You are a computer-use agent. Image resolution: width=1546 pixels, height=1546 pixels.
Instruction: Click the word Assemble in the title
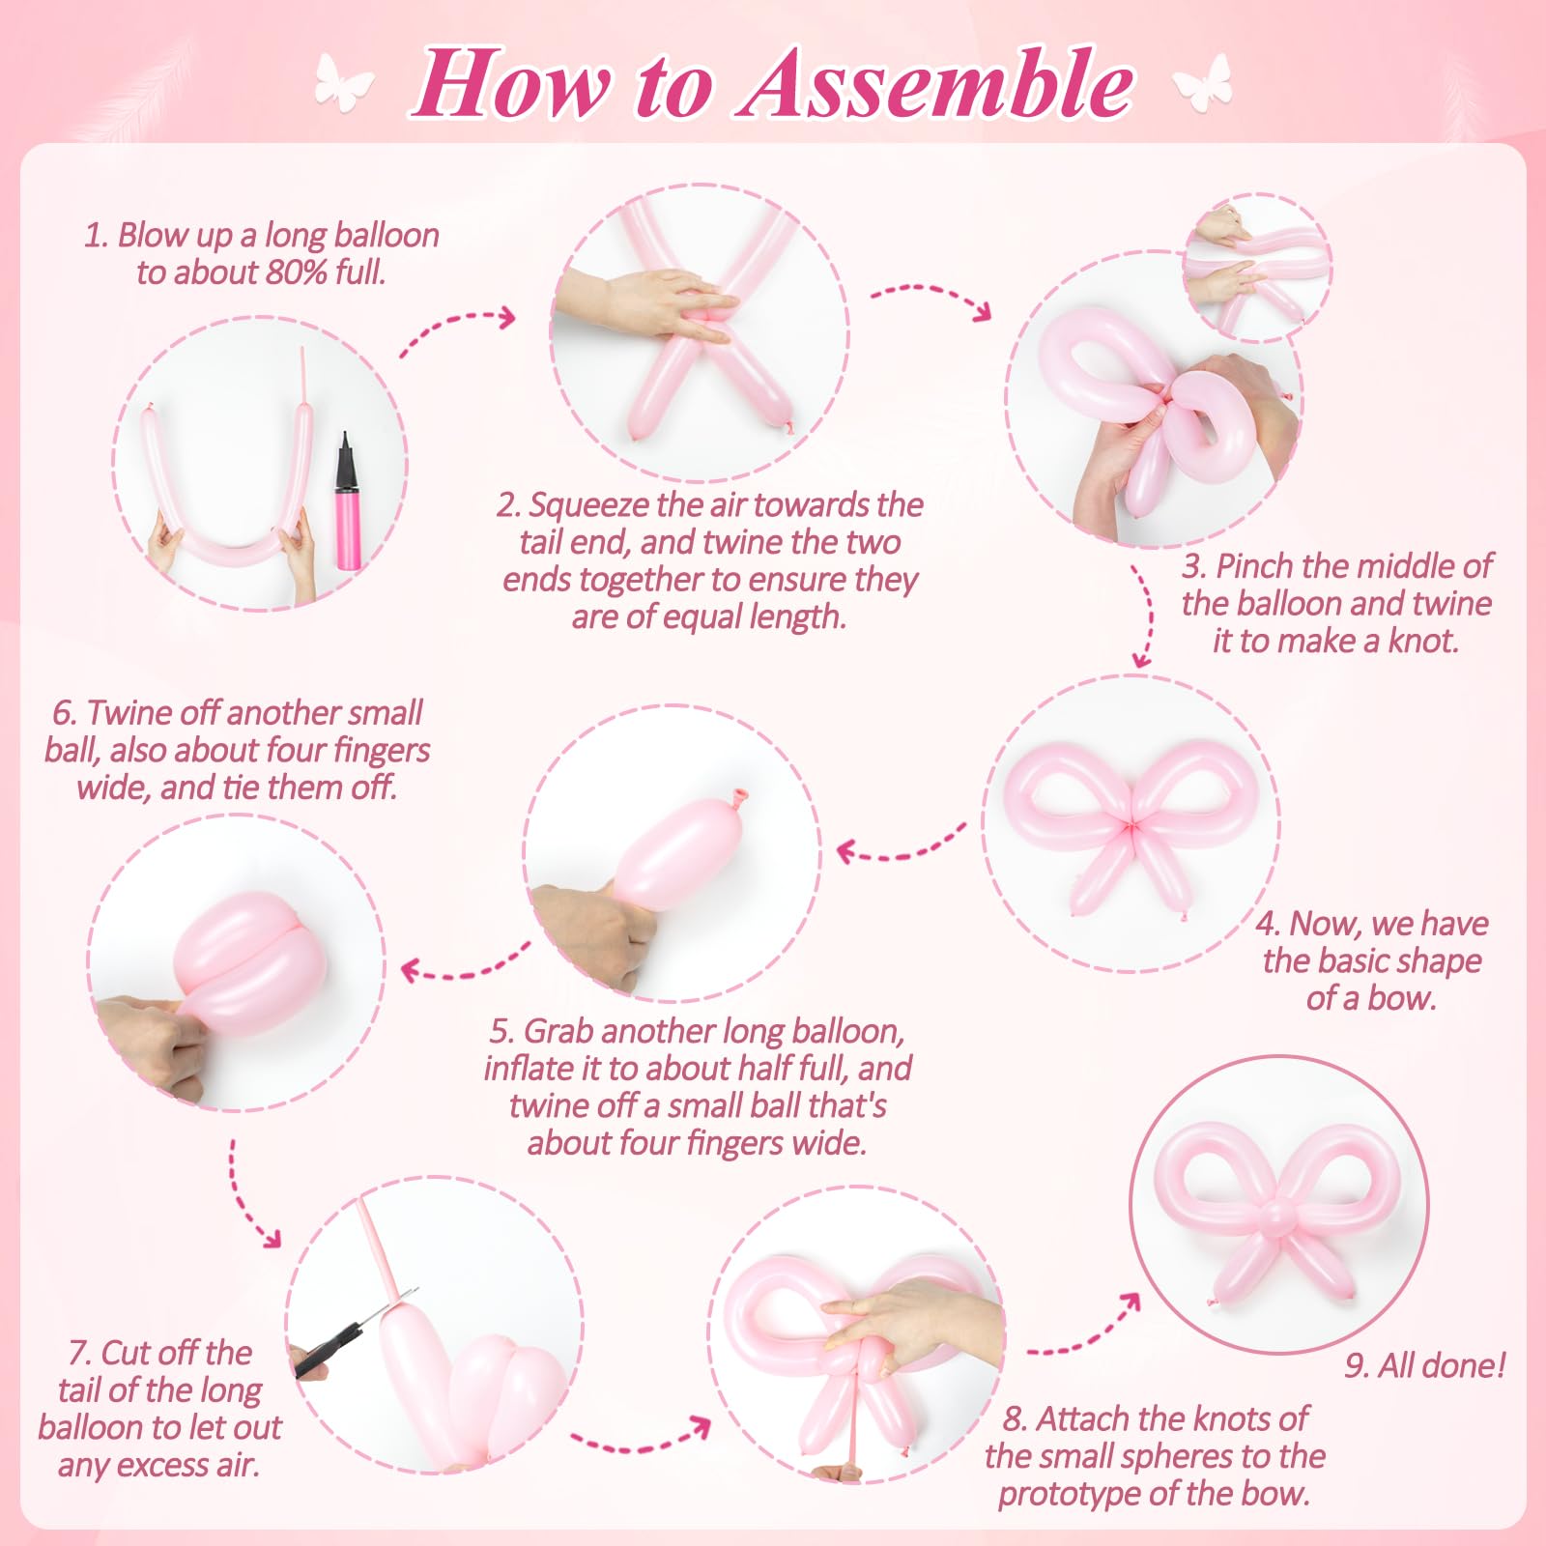point(937,85)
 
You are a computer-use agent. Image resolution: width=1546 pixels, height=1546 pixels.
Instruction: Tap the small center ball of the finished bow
point(1277,1216)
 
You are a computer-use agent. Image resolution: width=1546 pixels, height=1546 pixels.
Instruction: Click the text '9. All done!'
point(1424,1365)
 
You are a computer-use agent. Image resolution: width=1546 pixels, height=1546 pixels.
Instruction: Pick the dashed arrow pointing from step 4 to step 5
point(899,845)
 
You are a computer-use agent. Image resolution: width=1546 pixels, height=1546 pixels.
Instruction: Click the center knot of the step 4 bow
point(1131,826)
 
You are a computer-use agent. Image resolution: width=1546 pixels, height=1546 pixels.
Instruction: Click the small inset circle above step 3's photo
point(1256,266)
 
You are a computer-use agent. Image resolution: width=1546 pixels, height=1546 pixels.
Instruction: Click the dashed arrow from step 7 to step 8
point(638,1440)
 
